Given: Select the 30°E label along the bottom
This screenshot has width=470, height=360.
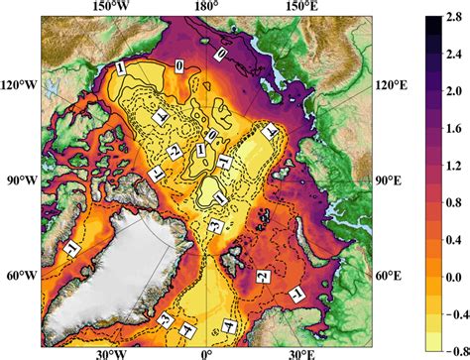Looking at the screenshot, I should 300,352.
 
